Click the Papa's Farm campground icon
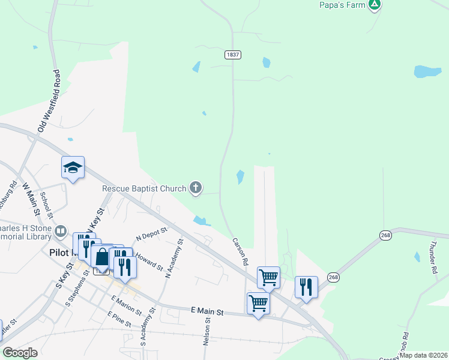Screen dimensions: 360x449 click(375, 5)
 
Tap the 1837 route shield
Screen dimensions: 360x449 click(233, 55)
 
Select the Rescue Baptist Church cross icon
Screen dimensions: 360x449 click(195, 188)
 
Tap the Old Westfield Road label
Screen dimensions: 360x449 click(49, 101)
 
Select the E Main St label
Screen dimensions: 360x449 click(207, 312)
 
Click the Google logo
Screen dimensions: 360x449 click(20, 353)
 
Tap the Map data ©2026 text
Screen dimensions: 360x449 click(423, 355)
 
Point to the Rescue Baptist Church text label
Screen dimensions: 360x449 click(144, 188)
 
